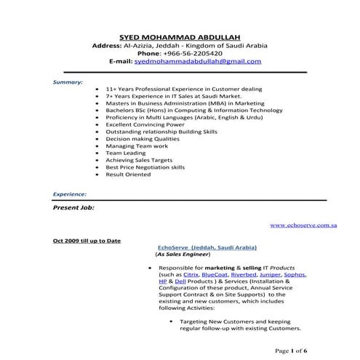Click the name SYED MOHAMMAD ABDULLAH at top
click(x=179, y=37)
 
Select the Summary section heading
click(x=68, y=83)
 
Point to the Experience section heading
click(x=70, y=194)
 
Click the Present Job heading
click(x=73, y=207)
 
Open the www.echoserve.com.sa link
click(x=303, y=225)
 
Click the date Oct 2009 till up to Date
click(x=87, y=241)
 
